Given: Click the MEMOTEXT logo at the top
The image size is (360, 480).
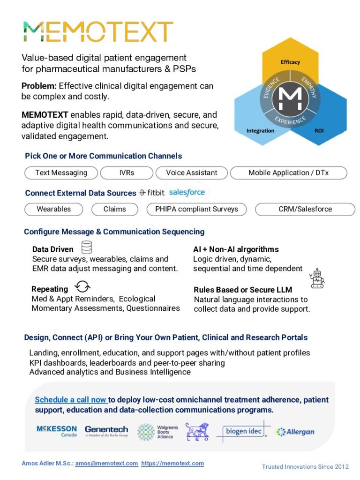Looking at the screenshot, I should click(97, 31).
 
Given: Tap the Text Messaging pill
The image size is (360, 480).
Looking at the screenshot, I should click(61, 172).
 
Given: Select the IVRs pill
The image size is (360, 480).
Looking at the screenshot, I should click(127, 172).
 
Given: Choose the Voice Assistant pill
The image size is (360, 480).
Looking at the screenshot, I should click(191, 172).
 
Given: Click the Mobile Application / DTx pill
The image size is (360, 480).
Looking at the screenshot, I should click(288, 172).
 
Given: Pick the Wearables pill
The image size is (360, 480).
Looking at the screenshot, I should click(53, 209).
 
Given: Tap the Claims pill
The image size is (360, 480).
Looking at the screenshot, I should click(114, 209).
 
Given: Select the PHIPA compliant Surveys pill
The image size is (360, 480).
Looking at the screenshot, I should click(196, 209).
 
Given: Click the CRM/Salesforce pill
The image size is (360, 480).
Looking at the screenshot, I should click(305, 209).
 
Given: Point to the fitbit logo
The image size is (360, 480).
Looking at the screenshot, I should click(151, 193).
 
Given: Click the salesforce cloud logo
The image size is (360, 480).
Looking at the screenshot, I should click(187, 192).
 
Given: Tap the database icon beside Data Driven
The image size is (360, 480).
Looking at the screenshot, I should click(86, 247).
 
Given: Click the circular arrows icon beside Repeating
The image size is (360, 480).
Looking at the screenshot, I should click(82, 287).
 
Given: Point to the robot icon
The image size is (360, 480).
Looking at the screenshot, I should click(317, 278).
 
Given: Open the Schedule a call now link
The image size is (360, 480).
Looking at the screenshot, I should click(71, 400).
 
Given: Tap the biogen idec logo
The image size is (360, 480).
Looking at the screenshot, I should click(244, 431).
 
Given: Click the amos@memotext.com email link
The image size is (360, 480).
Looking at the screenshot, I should click(106, 463).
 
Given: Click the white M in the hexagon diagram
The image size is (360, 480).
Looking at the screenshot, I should click(290, 97).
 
